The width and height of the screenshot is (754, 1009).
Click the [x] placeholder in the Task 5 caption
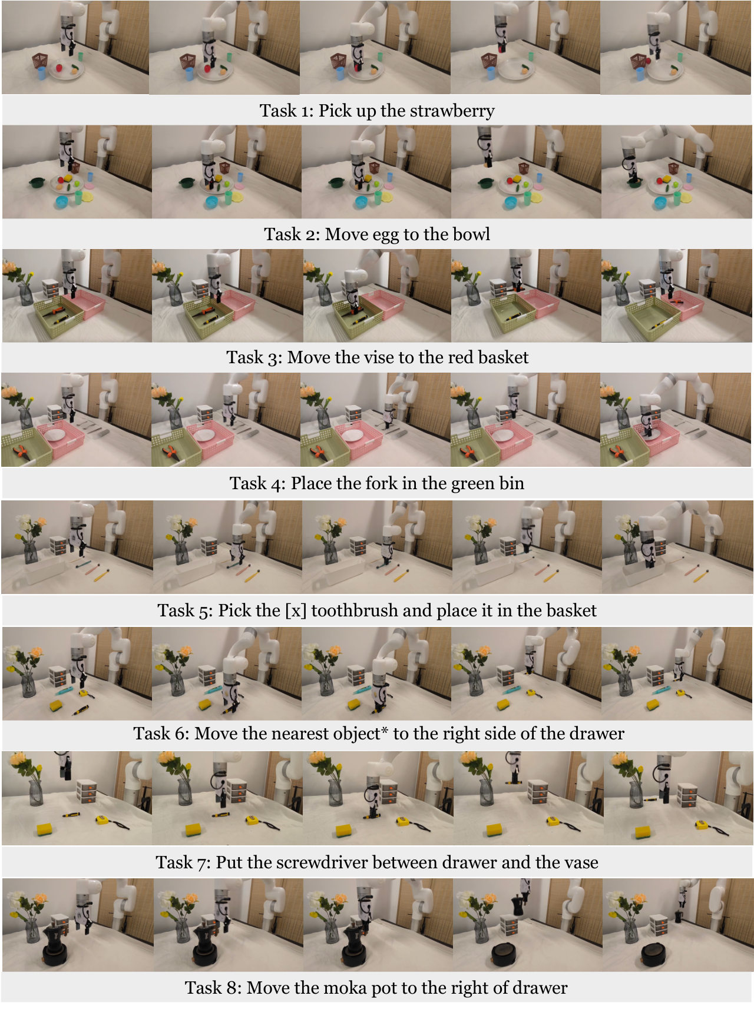(295, 611)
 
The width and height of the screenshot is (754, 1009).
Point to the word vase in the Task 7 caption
(581, 863)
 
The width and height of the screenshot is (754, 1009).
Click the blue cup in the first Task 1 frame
(41, 73)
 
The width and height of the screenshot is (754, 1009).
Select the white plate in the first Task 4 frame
(55, 435)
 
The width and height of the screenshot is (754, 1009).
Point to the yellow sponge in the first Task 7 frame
(45, 829)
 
